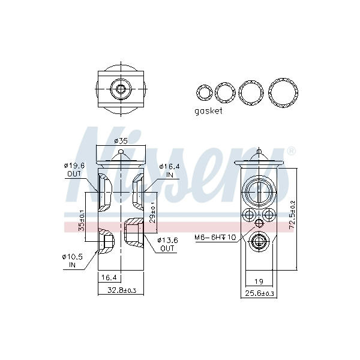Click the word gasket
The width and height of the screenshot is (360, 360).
coord(208,111)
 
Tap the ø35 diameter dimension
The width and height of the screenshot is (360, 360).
coord(121,140)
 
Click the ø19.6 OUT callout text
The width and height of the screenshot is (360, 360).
coord(74,170)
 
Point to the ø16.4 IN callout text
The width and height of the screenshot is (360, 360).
coord(169,170)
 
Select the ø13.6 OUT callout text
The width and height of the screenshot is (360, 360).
coord(167,244)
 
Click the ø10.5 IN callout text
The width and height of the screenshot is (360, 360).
coord(73,260)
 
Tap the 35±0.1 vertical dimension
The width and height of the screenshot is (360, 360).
coord(82,221)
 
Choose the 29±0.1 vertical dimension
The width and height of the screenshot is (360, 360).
coord(153,212)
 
